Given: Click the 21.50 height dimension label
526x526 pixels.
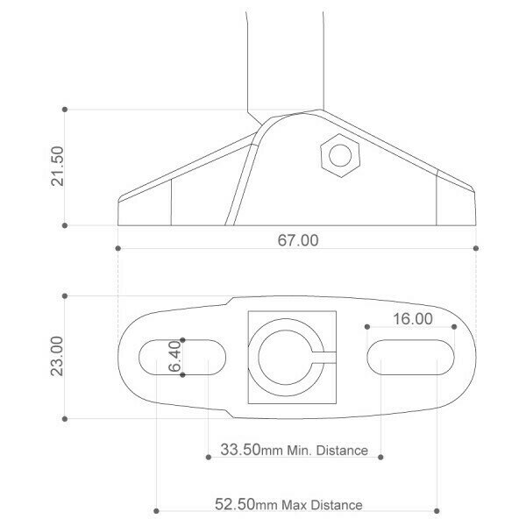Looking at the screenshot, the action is (57, 166).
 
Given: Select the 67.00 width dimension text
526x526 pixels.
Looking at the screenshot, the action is (298, 240).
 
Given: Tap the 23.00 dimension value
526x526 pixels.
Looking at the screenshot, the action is (57, 356).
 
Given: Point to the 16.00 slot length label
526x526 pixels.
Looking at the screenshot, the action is (413, 319).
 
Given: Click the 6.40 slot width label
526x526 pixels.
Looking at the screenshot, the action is (174, 356).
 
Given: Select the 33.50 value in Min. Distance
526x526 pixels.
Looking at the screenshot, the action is (240, 450).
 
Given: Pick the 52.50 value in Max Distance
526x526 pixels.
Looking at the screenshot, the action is (235, 504).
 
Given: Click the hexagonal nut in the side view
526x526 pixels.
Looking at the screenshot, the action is (340, 155).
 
